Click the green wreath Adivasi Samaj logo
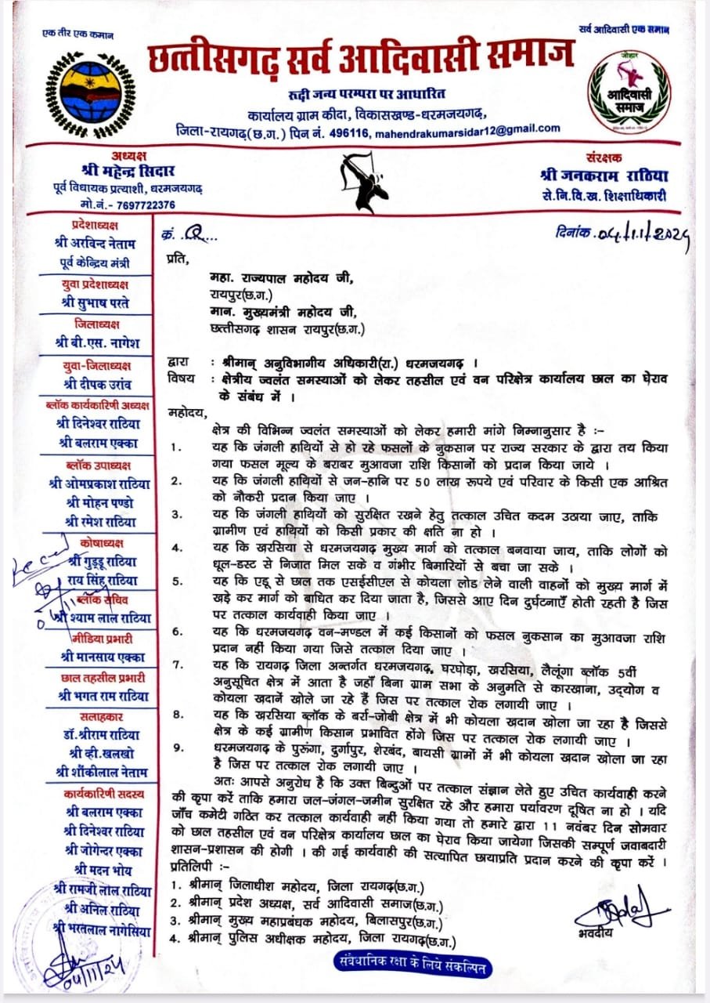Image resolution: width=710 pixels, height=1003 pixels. coord(631,91)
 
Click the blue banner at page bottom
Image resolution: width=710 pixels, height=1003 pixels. coord(413,966)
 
